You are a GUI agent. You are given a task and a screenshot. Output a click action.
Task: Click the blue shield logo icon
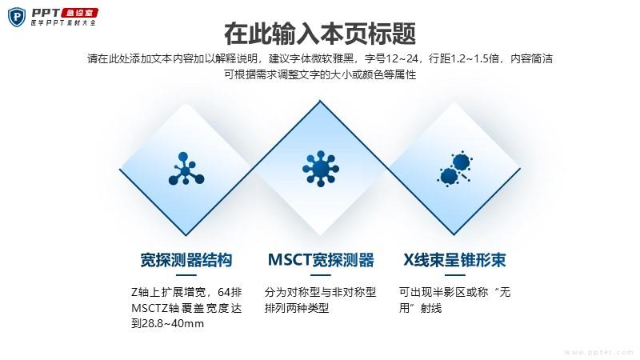[x=17, y=17]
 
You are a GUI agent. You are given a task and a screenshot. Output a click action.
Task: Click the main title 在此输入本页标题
[x=320, y=34]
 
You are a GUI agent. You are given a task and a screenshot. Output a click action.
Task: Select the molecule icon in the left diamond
[x=186, y=169]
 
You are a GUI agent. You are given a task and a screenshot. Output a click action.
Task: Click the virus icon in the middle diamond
[x=321, y=168]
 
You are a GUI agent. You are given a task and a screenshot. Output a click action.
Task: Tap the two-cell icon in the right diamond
[x=454, y=169]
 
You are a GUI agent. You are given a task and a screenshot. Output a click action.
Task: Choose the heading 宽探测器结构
[x=186, y=260]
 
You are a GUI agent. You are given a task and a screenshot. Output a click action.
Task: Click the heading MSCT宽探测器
[x=321, y=260]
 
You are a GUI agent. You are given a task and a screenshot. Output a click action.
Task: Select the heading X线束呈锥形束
[x=454, y=260]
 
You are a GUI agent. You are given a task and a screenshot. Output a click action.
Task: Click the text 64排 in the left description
[x=230, y=292]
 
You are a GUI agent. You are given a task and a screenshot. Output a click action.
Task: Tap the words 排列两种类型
[x=297, y=308]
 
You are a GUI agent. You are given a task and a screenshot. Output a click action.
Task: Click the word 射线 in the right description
[x=431, y=308]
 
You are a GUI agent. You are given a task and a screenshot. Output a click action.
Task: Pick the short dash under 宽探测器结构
[x=186, y=275]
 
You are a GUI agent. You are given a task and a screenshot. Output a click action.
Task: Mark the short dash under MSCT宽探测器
[x=321, y=275]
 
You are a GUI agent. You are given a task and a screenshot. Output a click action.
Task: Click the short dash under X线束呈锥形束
[x=454, y=275]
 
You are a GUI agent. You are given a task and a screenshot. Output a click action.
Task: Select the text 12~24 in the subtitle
[x=402, y=59]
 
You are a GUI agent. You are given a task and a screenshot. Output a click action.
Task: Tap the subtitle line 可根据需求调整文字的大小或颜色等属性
[x=320, y=75]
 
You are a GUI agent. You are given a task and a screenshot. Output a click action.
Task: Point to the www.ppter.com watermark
[x=599, y=352]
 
